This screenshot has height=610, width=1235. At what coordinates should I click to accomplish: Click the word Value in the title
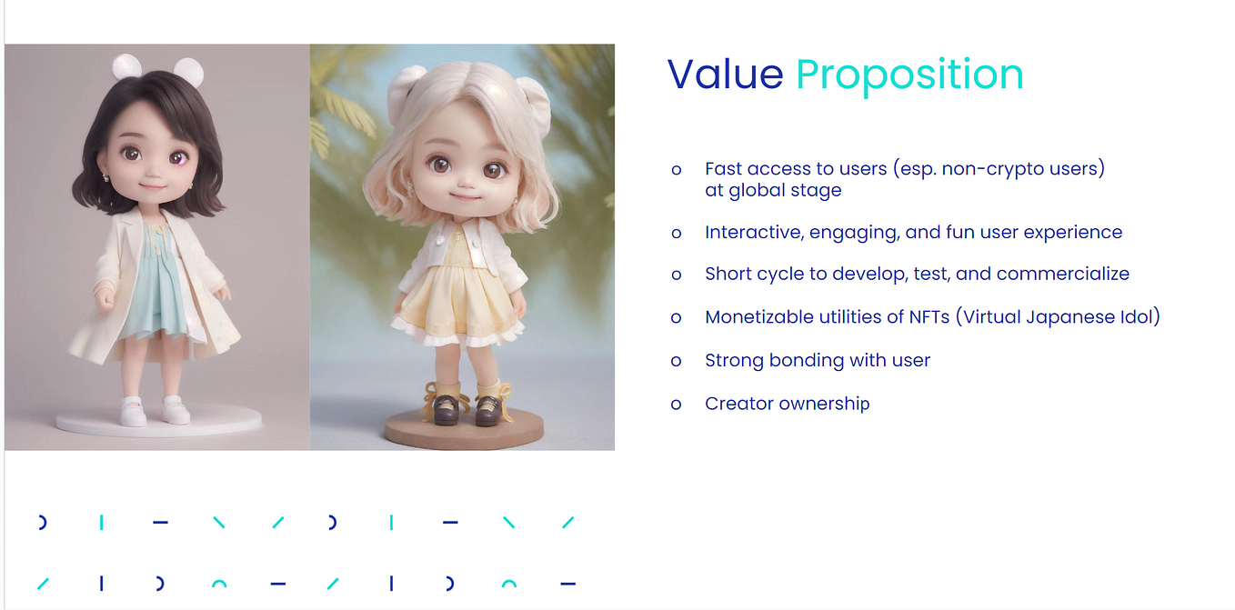coord(725,75)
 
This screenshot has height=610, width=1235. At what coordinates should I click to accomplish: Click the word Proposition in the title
coord(909,75)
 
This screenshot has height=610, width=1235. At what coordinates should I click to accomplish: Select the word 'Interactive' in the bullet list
coord(751,232)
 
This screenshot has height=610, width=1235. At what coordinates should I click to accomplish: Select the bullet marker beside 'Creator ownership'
coord(676,405)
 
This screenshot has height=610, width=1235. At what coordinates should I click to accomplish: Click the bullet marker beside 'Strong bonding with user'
coord(676,361)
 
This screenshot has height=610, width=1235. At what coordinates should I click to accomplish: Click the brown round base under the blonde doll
coord(463,429)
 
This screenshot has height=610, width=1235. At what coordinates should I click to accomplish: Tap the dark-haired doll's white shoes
coord(154,411)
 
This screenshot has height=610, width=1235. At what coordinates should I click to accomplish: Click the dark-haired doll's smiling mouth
coord(152,186)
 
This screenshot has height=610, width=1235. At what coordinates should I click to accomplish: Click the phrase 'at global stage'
coord(773,190)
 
